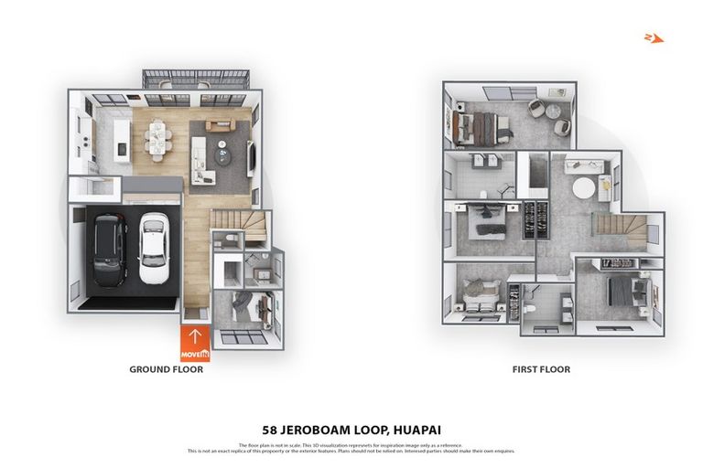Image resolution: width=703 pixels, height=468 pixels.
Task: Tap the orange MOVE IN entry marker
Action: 194,344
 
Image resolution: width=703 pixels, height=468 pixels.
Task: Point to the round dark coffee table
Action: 227,157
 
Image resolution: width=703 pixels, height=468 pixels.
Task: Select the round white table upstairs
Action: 583,188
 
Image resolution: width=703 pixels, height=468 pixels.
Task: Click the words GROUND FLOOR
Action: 166,370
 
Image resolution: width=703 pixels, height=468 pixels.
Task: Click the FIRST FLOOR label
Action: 541,370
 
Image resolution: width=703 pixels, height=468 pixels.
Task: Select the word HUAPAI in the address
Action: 416,428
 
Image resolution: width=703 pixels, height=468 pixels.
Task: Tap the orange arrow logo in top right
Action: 652,37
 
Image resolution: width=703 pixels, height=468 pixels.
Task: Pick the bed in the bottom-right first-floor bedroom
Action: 622,292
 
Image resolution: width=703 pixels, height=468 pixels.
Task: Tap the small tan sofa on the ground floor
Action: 220,126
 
